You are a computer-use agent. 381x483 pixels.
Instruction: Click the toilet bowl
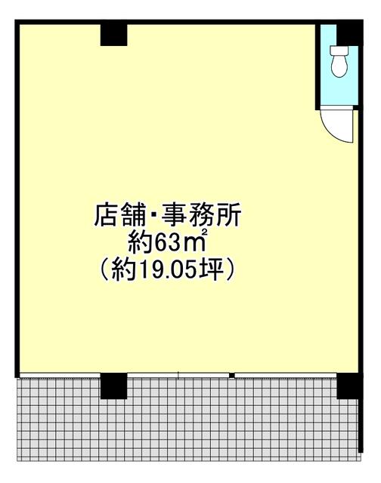[339, 66]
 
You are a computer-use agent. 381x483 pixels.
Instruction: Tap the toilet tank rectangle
[339, 51]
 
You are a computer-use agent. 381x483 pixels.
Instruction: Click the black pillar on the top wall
[113, 35]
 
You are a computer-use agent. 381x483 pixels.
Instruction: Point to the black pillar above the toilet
[349, 35]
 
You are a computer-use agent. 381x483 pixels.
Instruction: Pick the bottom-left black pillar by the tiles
[113, 386]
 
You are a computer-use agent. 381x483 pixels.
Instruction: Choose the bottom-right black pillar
[349, 386]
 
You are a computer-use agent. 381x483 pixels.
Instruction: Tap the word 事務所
[201, 215]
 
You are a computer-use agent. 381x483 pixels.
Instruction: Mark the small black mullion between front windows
[231, 376]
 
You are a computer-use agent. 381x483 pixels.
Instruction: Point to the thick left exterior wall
[17, 198]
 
